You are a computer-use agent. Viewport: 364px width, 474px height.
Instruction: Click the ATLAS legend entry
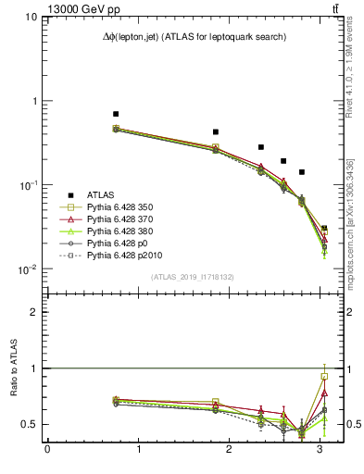tap(101, 194)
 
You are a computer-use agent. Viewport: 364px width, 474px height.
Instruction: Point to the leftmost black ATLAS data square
tap(116, 114)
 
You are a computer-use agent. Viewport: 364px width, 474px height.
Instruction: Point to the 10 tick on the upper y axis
tap(31, 18)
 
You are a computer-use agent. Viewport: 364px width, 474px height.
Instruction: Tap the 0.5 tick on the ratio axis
tap(31, 424)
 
